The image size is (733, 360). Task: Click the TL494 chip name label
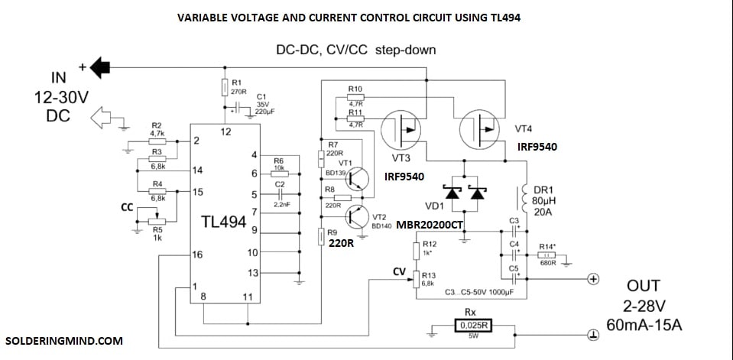click(223, 222)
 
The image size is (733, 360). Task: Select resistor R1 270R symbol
click(225, 88)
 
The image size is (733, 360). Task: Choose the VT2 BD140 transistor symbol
click(358, 217)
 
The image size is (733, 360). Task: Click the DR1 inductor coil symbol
click(526, 203)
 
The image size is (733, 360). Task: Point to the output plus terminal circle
click(592, 279)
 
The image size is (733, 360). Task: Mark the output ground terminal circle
click(592, 335)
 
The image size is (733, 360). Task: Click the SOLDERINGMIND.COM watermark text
click(63, 340)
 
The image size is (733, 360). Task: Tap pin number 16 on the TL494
click(198, 255)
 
